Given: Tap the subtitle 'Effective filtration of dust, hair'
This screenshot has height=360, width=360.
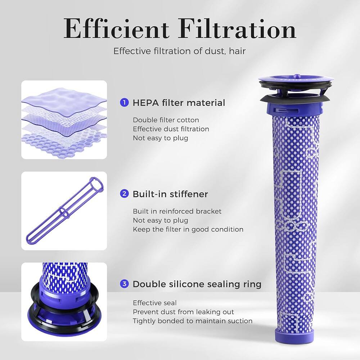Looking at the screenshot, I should pos(179,51).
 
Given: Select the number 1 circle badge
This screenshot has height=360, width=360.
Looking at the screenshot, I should pos(124,103).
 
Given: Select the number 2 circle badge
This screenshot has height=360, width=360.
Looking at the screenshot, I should pos(124,194).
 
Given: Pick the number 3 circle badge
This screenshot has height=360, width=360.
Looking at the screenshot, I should pos(124,284).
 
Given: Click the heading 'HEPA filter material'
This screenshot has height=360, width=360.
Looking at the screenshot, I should pos(179,103).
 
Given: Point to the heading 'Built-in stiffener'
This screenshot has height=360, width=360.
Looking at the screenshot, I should pos(170,194).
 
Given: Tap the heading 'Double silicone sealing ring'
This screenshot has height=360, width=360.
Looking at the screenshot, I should pos(197,284).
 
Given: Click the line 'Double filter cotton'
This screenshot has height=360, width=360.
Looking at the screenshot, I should pos(166,120).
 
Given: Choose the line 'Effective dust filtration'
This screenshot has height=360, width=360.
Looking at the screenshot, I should pos(171,129).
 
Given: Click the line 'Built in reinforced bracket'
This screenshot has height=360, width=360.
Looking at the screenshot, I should pos(177,211).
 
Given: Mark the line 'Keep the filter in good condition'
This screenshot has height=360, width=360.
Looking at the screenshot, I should pos(188,229).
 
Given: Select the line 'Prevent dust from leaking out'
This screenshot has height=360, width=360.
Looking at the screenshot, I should pos(183,312).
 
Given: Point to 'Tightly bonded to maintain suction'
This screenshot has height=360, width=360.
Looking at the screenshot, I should pos(193,321).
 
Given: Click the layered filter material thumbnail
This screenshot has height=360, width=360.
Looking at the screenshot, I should pos(64,120).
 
